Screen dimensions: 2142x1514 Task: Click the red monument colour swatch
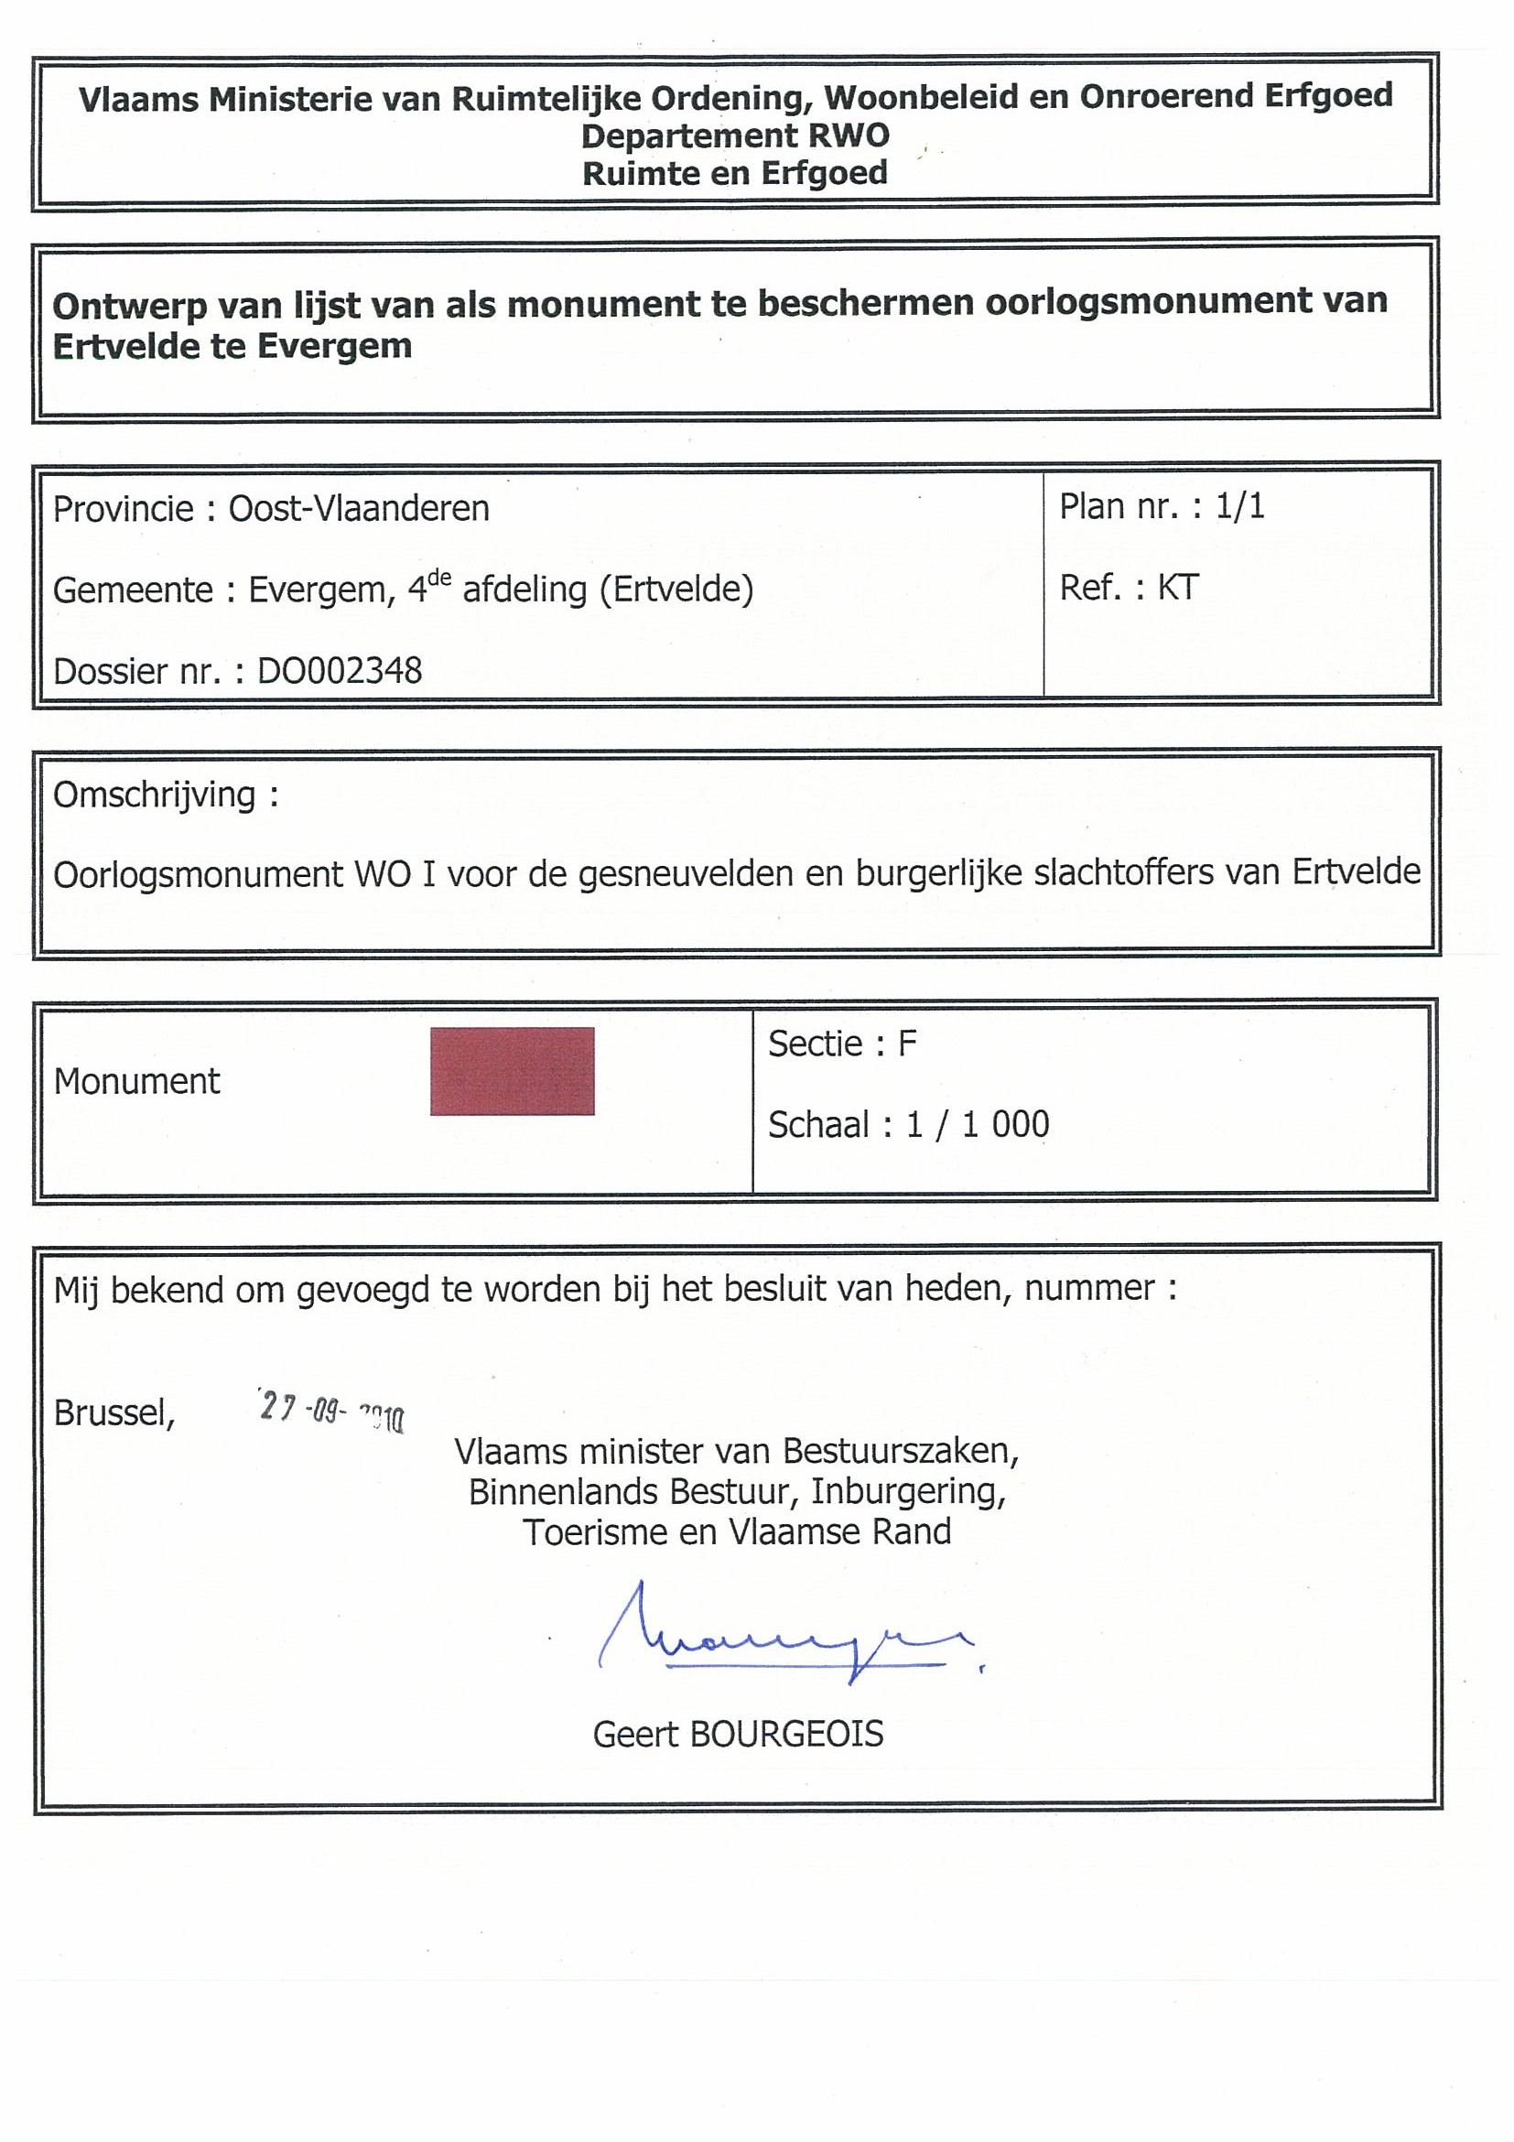pyautogui.click(x=511, y=1071)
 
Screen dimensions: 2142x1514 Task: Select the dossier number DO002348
pyautogui.click(x=340, y=671)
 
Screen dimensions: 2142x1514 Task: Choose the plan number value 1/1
pyautogui.click(x=1239, y=506)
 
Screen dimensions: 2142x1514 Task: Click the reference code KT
pyautogui.click(x=1177, y=588)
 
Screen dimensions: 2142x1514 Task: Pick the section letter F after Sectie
pyautogui.click(x=907, y=1044)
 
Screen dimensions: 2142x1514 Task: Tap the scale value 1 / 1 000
pyautogui.click(x=978, y=1125)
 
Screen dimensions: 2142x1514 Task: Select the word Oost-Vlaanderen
pyautogui.click(x=359, y=509)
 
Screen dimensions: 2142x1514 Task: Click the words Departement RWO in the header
pyautogui.click(x=735, y=136)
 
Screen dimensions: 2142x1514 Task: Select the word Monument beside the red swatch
pyautogui.click(x=137, y=1081)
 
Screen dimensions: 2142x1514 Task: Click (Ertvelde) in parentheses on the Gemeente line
pyautogui.click(x=677, y=590)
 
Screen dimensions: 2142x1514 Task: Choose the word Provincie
pyautogui.click(x=123, y=509)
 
